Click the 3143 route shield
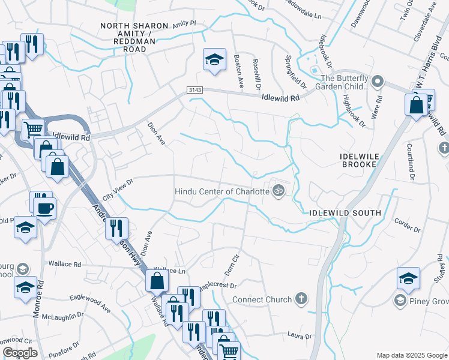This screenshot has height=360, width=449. click(x=194, y=89)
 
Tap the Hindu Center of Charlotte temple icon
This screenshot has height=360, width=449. click(x=278, y=191)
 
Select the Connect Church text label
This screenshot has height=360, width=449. click(x=261, y=299)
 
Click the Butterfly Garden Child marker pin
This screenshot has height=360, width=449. click(x=377, y=80)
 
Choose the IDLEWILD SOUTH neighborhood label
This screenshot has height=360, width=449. click(x=345, y=213)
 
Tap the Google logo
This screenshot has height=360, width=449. click(x=20, y=353)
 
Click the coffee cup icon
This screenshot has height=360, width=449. click(x=46, y=208)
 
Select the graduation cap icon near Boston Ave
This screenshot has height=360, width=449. click(x=214, y=59)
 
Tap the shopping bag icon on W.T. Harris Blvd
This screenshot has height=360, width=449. click(x=416, y=104)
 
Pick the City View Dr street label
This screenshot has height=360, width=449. click(x=118, y=190)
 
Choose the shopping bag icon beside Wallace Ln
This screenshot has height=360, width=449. click(x=156, y=280)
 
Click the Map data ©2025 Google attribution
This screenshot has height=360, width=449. click(x=411, y=355)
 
